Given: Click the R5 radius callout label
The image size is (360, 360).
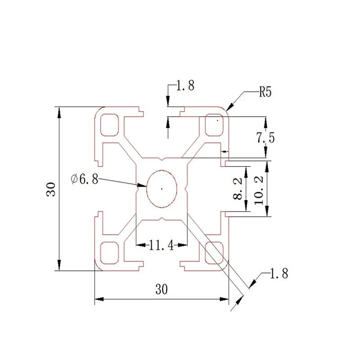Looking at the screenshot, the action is (x=265, y=92).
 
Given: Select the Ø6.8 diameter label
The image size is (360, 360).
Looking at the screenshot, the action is (x=85, y=179).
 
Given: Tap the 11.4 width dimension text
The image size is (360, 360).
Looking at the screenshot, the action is (x=162, y=245).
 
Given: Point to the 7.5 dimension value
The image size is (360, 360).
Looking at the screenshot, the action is (x=265, y=138).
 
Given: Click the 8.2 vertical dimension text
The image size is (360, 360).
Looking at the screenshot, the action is (x=238, y=188).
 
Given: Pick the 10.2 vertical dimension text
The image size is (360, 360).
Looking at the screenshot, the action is (x=259, y=190).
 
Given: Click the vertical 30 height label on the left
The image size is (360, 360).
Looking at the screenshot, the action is (x=51, y=189).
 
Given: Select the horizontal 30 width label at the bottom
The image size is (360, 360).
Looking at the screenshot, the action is (x=162, y=289).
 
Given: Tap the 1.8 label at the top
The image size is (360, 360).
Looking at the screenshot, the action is (x=185, y=85).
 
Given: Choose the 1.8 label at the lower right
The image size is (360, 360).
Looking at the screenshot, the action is (x=279, y=274).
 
